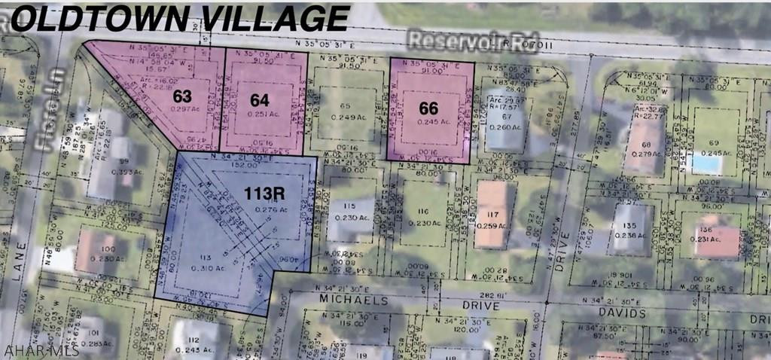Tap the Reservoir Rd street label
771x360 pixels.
click(458, 39)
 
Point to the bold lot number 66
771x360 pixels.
click(428, 108)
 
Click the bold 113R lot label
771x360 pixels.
click(264, 193)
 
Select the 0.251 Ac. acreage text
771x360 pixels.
click(261, 113)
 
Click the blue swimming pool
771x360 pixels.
click(705, 163)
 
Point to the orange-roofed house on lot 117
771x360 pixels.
click(492, 214)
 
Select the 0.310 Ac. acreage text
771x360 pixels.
click(197, 267)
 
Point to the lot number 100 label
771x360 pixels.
click(108, 248)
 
